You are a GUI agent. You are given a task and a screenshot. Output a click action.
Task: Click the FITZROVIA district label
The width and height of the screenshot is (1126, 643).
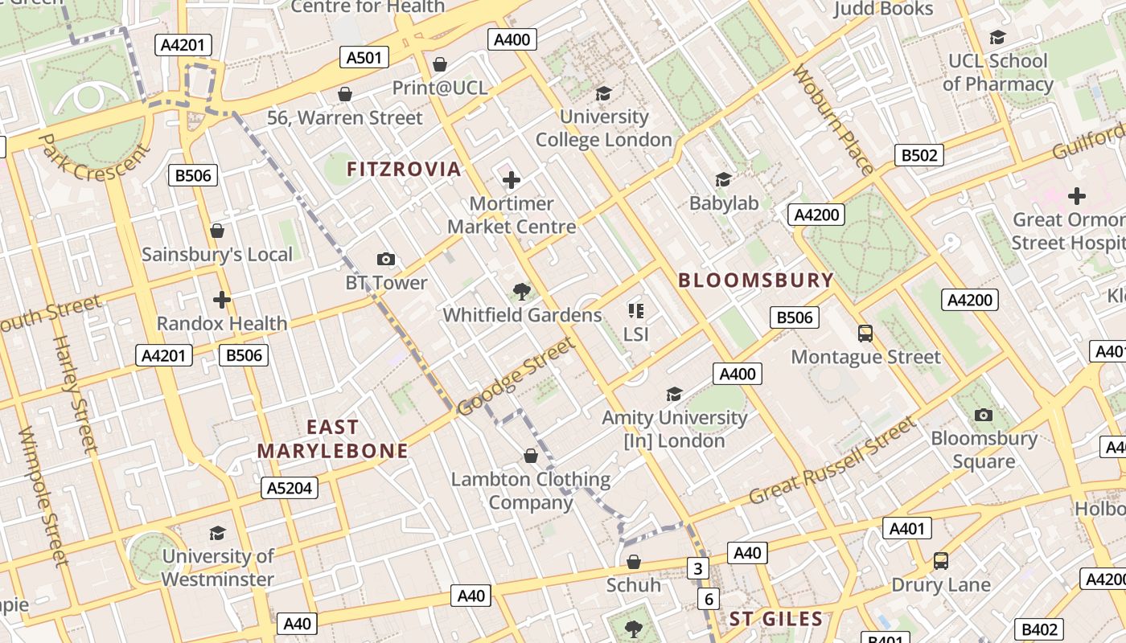click(x=404, y=169)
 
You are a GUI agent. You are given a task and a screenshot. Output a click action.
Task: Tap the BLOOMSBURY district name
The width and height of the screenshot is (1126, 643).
click(x=756, y=281)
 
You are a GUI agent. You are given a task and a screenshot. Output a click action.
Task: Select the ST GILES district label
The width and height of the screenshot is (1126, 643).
click(x=775, y=619)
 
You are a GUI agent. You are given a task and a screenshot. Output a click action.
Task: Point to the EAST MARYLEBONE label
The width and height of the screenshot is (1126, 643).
click(x=333, y=439)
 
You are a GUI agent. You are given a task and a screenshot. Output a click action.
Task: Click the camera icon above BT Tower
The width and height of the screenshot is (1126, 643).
click(x=386, y=259)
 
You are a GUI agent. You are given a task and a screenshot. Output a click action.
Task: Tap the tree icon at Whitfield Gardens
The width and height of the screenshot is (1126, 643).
click(x=522, y=291)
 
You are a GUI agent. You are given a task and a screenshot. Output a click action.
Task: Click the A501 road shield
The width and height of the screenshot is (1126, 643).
click(x=364, y=57)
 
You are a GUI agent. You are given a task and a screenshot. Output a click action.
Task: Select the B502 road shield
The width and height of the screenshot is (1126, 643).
click(x=919, y=155)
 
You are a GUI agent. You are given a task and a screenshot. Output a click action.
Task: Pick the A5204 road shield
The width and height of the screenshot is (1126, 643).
click(x=290, y=488)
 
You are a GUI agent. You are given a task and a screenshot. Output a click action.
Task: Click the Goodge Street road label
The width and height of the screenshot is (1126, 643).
click(x=516, y=376)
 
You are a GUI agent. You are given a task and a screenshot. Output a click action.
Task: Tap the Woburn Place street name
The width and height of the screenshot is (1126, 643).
click(x=833, y=121)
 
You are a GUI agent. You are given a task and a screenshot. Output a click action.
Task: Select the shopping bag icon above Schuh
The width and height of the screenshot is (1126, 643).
click(x=634, y=561)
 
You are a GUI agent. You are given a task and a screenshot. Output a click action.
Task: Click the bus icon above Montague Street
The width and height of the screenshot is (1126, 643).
click(x=865, y=333)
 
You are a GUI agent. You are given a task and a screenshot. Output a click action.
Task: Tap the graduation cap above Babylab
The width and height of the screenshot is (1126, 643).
click(x=723, y=179)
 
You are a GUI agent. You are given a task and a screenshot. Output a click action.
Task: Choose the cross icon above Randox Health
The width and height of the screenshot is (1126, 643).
click(x=221, y=300)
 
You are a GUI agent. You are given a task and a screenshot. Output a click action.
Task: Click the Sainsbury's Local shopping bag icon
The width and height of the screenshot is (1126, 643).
click(x=216, y=231)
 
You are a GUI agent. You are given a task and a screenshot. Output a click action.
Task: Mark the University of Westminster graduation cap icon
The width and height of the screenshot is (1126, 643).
click(x=217, y=533)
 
